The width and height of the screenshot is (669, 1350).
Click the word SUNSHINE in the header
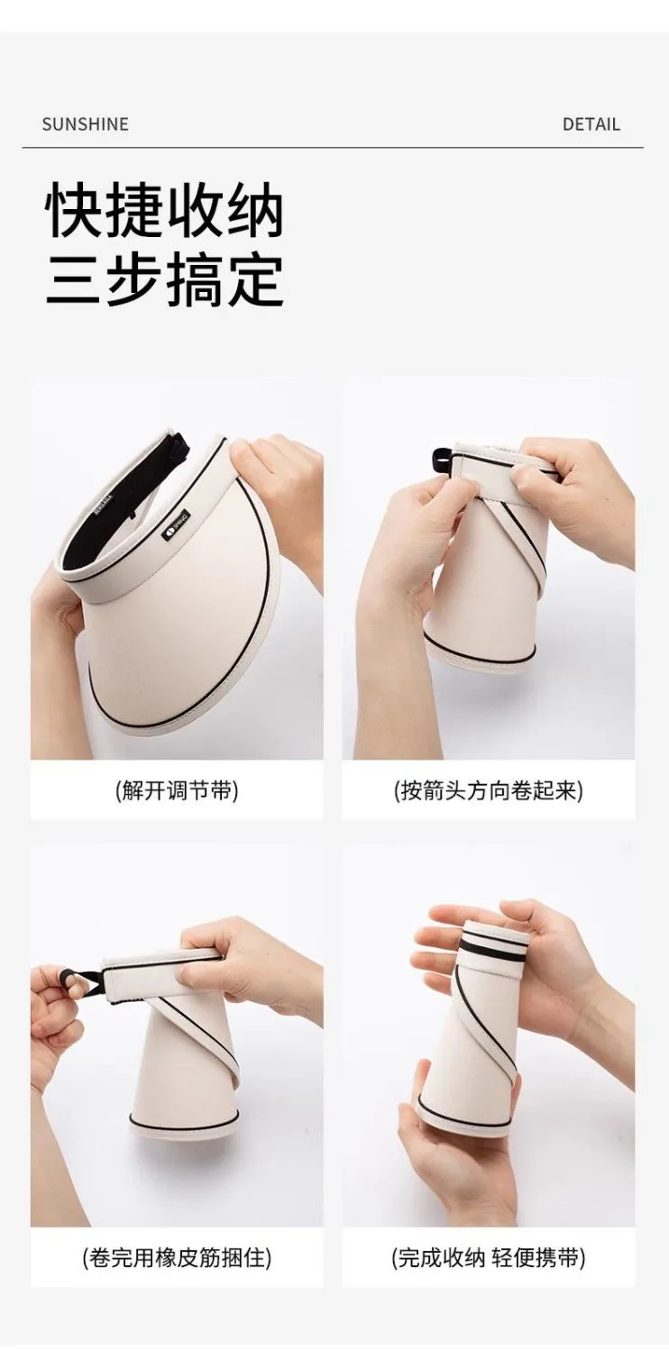pos(85,124)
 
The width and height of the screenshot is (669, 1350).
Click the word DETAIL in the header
pos(591,124)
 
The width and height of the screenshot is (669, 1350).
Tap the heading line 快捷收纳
pos(164,212)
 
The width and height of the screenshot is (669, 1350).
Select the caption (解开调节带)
pos(177,790)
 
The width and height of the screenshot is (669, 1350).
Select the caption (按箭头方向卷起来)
pos(489,790)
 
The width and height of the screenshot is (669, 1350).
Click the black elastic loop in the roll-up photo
pos(443,460)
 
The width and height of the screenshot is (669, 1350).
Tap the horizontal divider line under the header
pos(333,147)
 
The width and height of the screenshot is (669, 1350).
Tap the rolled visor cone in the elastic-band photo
pos(181,1067)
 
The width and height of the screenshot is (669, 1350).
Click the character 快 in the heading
pos(76,212)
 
